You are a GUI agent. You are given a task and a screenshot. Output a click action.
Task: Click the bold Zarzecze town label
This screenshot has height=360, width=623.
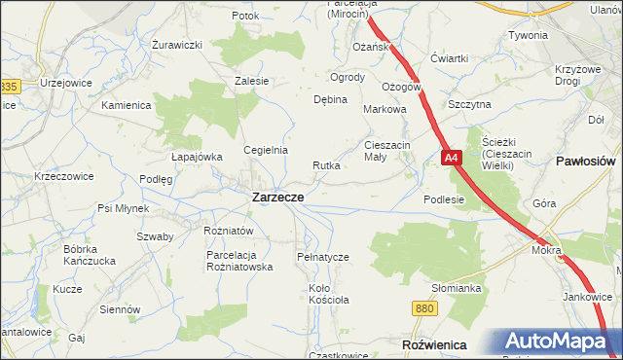pos(277,197)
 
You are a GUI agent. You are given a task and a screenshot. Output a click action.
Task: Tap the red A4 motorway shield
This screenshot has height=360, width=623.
pos(451,158)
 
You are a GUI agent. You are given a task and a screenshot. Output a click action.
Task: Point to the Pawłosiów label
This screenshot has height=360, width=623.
pos(587,161)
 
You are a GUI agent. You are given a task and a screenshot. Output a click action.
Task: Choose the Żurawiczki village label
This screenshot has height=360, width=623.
pos(177,45)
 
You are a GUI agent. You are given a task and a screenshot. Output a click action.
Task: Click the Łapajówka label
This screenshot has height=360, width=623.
pos(197,156)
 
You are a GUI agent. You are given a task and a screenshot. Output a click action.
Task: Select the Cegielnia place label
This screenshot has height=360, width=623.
pos(266,150)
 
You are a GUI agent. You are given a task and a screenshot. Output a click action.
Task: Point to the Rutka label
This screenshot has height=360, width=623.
pos(326,165)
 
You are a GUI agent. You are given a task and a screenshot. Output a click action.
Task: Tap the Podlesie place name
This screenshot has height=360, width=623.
pos(444,198)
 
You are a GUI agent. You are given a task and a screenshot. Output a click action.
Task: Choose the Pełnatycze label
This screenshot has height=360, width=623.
pos(322,257)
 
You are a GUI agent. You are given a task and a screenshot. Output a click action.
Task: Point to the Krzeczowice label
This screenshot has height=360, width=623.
pos(63,176)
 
